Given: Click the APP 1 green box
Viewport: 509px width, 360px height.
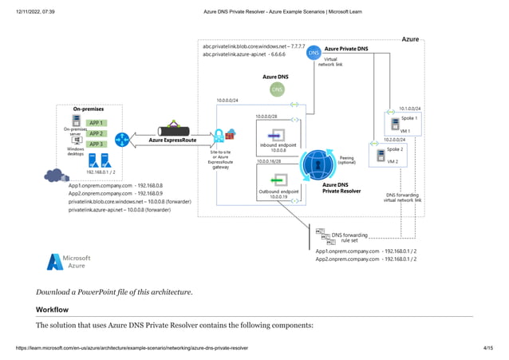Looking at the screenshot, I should click(96, 123).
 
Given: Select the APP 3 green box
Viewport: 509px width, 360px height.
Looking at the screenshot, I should click(96, 144).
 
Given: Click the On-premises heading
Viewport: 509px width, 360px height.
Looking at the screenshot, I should click(88, 109).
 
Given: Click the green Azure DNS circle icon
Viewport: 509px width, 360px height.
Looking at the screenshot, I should click(277, 89).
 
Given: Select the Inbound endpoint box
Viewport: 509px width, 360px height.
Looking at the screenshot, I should click(278, 133).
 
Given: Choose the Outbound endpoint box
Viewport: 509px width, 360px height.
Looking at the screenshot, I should click(278, 181).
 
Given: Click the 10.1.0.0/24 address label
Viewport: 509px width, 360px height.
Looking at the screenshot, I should click(408, 108).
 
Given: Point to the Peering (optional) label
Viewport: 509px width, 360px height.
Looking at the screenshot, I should click(346, 160).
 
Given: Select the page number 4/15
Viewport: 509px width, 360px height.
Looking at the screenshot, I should click(489, 348).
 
